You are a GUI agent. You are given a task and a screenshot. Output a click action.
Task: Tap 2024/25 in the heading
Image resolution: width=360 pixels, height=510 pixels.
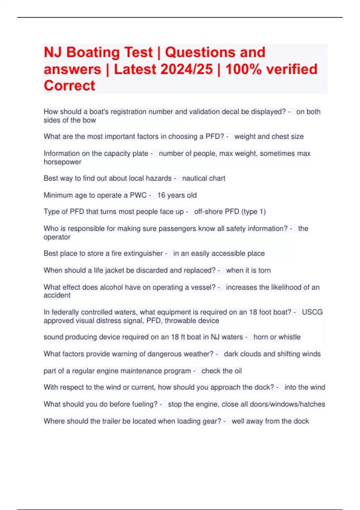pos(187,69)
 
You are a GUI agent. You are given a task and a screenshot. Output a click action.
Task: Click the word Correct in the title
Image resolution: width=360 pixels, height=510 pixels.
pos(69,86)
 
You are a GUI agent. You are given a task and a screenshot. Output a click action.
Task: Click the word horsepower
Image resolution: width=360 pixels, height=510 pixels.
pos(62,162)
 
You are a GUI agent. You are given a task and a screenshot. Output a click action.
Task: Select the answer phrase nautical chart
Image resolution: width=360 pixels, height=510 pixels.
pos(204,178)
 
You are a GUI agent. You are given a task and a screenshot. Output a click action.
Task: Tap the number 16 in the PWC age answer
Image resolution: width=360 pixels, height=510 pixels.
pos(161,195)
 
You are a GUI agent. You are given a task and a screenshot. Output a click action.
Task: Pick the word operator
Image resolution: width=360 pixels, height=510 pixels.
pos(57,237)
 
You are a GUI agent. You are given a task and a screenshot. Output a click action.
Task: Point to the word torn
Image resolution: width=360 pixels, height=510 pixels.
pos(264,270)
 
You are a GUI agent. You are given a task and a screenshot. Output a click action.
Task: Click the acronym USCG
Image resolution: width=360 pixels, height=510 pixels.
pos(312,312)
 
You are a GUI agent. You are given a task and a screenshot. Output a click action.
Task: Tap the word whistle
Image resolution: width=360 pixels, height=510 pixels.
pos(289,337)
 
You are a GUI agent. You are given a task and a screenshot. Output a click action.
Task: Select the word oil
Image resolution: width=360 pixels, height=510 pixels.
pos(238,371)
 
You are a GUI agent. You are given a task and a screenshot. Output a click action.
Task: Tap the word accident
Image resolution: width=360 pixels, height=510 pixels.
pos(57,295)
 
